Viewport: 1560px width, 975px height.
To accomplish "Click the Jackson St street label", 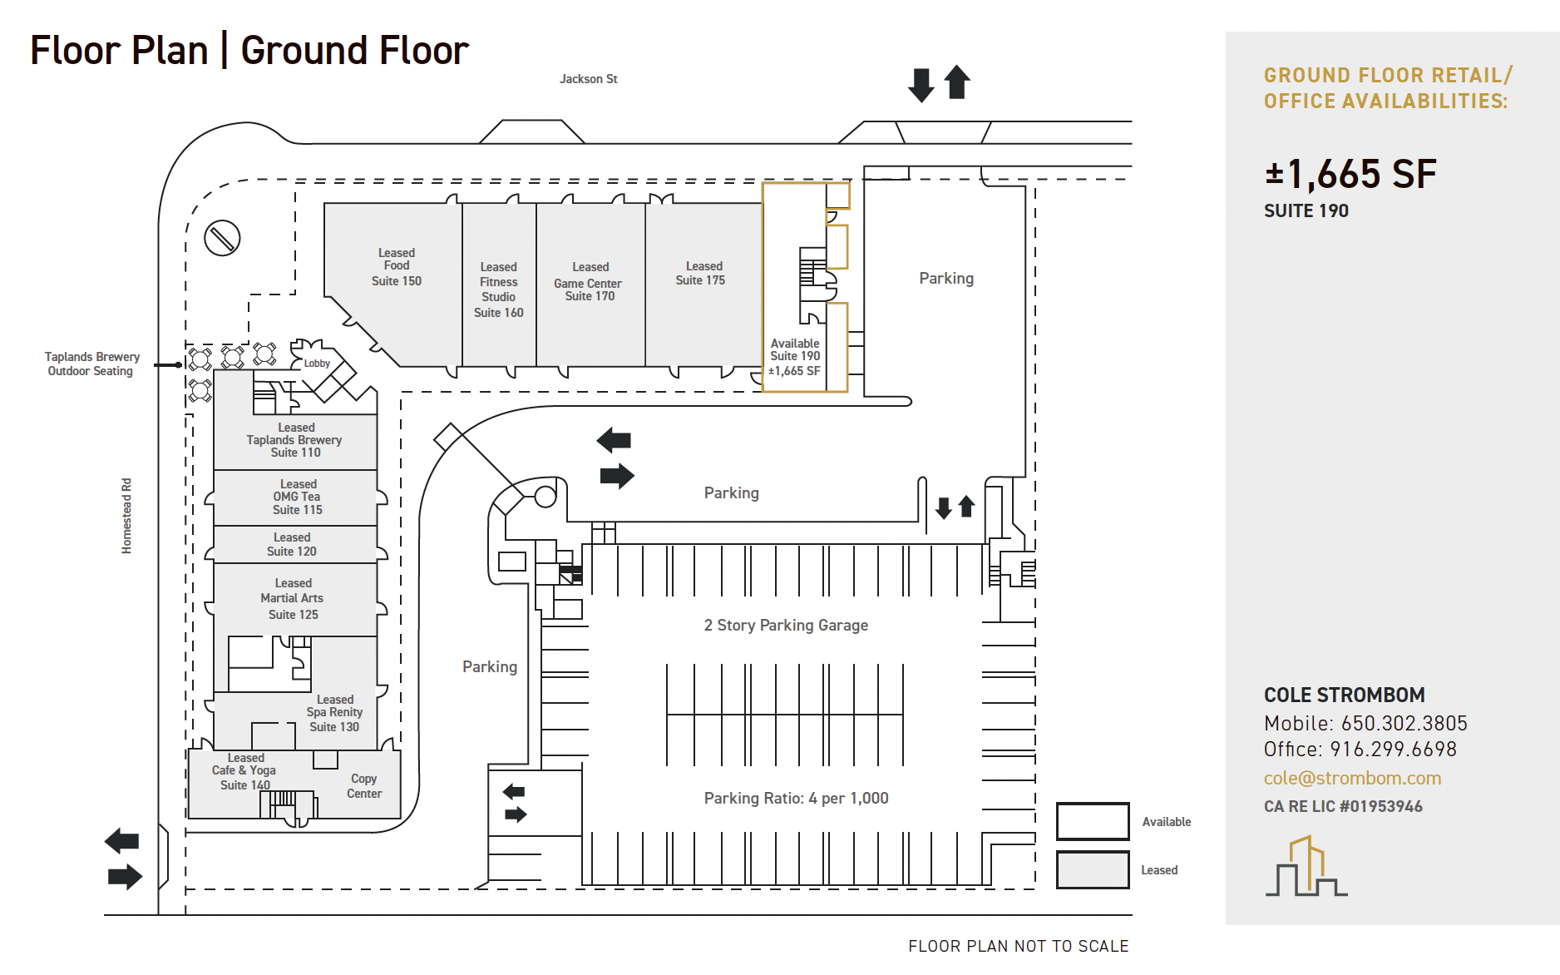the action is click(588, 79).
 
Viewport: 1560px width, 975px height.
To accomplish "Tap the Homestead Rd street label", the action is click(126, 516).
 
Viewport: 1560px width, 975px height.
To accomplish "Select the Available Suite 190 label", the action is click(794, 357).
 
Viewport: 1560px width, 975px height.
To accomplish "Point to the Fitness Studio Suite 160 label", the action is click(498, 290).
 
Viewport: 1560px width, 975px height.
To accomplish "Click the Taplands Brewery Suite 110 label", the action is click(294, 440).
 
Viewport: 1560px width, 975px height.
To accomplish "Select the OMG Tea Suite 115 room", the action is click(296, 497).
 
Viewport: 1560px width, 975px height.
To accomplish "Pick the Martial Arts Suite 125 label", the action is click(293, 599).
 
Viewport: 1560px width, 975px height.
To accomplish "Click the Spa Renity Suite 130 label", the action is click(334, 713).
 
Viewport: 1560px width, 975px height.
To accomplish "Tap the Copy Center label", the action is click(364, 786).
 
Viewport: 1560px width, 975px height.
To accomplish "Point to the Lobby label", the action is click(317, 364).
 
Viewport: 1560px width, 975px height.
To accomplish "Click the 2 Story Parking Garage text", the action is click(786, 625).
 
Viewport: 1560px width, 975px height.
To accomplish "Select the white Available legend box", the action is click(1093, 821).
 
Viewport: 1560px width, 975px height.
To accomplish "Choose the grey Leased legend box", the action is click(1093, 869).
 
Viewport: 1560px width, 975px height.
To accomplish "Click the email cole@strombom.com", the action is click(1352, 778).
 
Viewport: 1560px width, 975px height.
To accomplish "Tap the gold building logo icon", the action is click(1306, 866).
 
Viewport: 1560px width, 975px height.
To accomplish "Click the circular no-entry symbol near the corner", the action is click(222, 239).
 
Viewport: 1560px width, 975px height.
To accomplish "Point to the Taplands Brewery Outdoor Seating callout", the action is click(91, 364).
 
